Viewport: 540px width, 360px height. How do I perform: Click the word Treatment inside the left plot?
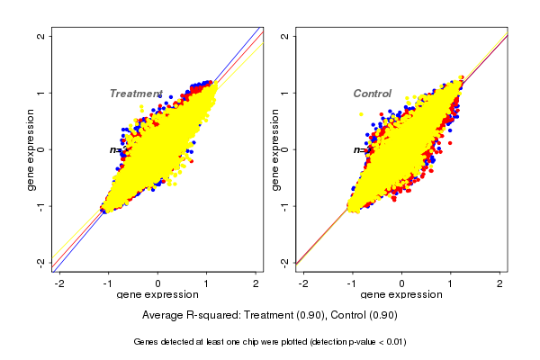pyautogui.click(x=136, y=94)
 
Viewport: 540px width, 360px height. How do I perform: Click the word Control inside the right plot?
pyautogui.click(x=372, y=94)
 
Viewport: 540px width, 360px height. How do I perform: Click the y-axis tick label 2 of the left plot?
pyautogui.click(x=40, y=36)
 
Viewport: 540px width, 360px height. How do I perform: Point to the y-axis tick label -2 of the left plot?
pyautogui.click(x=40, y=262)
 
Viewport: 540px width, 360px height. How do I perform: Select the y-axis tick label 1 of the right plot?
pyautogui.click(x=284, y=93)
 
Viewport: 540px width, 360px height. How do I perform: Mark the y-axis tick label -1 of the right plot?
pyautogui.click(x=284, y=205)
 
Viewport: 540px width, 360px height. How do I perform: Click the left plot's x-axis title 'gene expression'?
pyautogui.click(x=157, y=295)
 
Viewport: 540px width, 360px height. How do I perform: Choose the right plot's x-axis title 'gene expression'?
pyautogui.click(x=401, y=295)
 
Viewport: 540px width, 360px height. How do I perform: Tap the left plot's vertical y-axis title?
pyautogui.click(x=31, y=149)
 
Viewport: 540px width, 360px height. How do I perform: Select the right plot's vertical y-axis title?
pyautogui.click(x=274, y=149)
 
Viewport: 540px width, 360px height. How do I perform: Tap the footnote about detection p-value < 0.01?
pyautogui.click(x=270, y=342)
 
